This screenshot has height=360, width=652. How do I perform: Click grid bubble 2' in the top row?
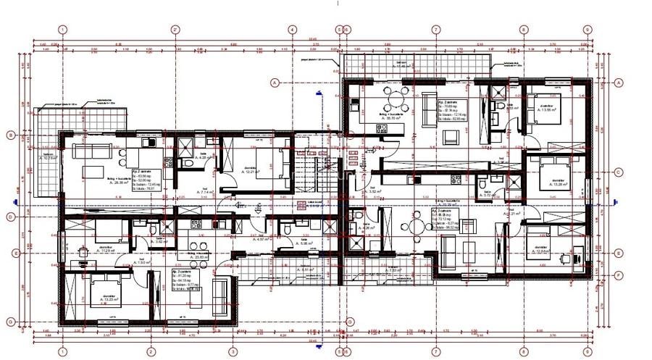[175, 30]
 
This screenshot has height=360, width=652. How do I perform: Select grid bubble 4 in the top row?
[292, 30]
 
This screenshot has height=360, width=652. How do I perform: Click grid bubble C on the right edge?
[620, 172]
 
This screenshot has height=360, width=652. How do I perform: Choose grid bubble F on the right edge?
[620, 275]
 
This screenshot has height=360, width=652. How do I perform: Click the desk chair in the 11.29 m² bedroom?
[84, 251]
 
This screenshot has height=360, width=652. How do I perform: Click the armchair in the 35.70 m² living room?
[429, 101]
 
